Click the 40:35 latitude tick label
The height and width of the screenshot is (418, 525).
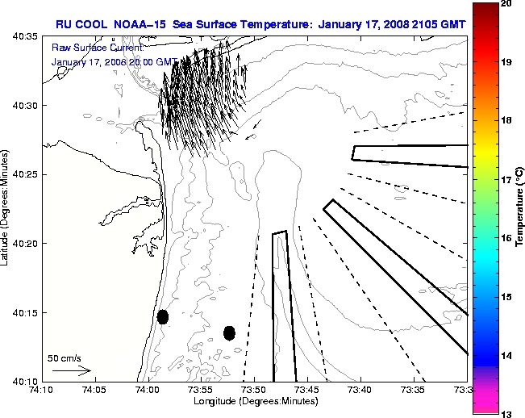[24, 37]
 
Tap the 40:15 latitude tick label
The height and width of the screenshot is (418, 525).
[24, 312]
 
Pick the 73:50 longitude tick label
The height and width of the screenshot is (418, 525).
[254, 390]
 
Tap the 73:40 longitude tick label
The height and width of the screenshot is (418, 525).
[360, 390]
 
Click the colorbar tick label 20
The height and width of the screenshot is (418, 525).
[506, 4]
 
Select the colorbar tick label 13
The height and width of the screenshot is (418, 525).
[506, 413]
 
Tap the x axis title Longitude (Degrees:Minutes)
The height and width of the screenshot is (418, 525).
[254, 401]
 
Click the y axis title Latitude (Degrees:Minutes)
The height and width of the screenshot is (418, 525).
[6, 208]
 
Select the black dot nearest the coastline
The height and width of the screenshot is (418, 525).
[163, 316]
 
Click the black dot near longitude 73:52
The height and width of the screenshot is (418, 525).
[229, 332]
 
